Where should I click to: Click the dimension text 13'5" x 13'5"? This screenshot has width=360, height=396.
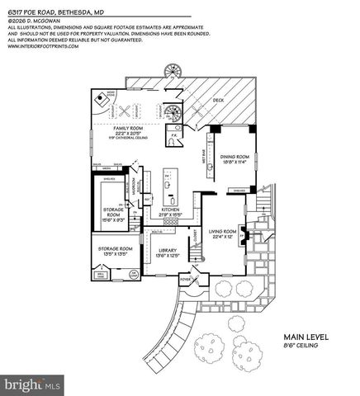tap(116, 254)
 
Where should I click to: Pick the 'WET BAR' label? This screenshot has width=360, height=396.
tap(202, 151)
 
